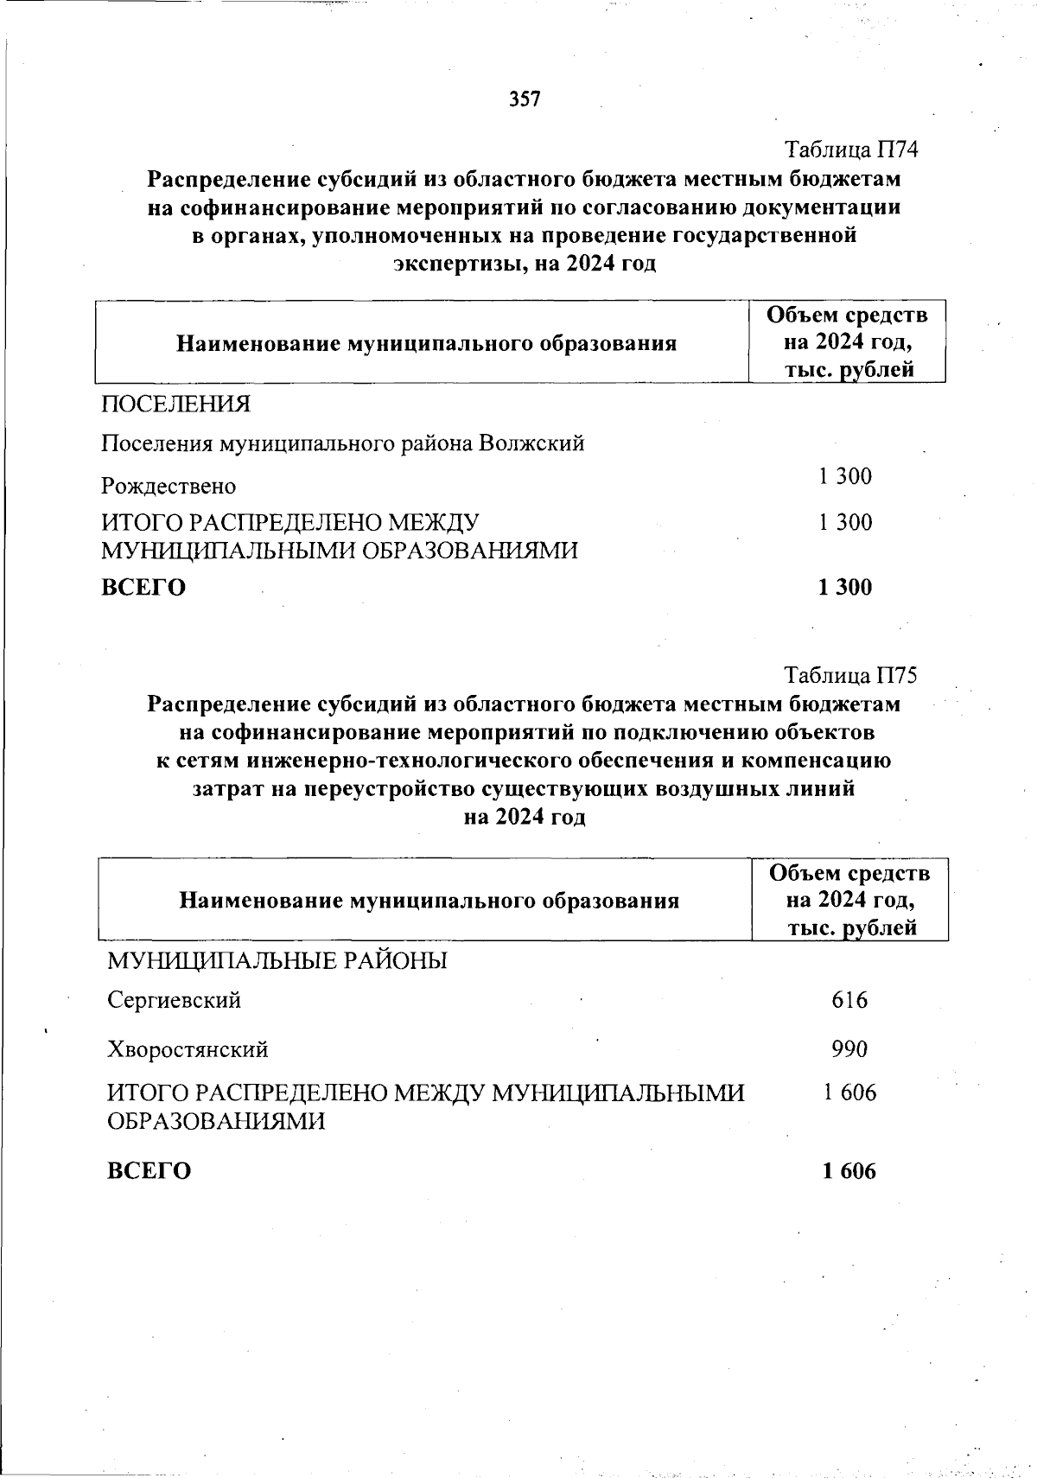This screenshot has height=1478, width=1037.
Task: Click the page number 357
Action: pyautogui.click(x=525, y=99)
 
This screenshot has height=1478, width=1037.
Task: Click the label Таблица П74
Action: pyautogui.click(x=850, y=150)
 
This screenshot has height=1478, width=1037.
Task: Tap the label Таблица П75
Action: pyautogui.click(x=850, y=675)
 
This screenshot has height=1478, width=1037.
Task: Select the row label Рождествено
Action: pyautogui.click(x=169, y=487)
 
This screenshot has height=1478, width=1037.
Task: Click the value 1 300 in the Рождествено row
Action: pyautogui.click(x=845, y=476)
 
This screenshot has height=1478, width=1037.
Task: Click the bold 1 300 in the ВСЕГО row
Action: pyautogui.click(x=845, y=587)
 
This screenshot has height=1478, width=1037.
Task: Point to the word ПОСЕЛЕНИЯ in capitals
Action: pyautogui.click(x=175, y=404)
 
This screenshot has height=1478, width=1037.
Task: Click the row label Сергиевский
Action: pyautogui.click(x=174, y=1001)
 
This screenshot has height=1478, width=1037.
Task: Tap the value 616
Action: pyautogui.click(x=849, y=1000)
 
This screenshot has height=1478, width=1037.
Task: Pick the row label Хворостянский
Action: pyautogui.click(x=188, y=1050)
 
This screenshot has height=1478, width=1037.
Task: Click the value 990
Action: pyautogui.click(x=849, y=1049)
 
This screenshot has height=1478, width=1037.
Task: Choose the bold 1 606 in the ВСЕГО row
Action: pyautogui.click(x=849, y=1171)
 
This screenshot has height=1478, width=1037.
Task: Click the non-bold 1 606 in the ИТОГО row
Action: pyautogui.click(x=849, y=1093)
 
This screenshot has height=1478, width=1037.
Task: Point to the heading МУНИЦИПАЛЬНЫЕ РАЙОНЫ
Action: pyautogui.click(x=277, y=960)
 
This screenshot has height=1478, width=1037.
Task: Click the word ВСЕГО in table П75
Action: pyautogui.click(x=149, y=1171)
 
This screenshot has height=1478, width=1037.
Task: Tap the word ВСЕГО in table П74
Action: pyautogui.click(x=143, y=588)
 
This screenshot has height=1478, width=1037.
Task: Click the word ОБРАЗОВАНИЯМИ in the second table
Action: pyautogui.click(x=216, y=1122)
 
